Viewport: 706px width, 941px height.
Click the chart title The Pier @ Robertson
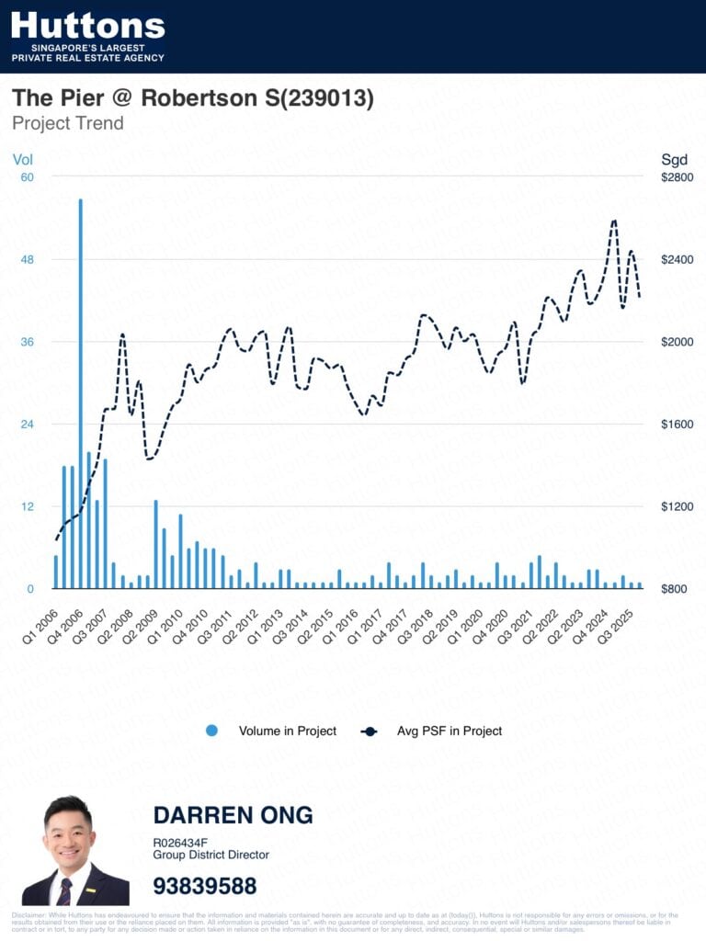(192, 98)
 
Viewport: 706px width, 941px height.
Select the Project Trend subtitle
(67, 123)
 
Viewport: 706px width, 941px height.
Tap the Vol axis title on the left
(22, 159)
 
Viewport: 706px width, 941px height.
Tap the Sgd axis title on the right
(675, 159)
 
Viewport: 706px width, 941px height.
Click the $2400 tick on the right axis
(677, 259)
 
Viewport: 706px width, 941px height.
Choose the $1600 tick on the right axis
(677, 424)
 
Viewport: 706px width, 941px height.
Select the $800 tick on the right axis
(677, 589)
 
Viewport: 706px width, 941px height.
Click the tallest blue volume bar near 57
(81, 395)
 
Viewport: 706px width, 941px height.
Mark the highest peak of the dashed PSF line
(614, 221)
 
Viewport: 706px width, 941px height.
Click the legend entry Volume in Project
(287, 731)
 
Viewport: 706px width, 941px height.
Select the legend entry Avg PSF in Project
(449, 731)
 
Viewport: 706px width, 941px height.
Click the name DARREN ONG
(233, 815)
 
